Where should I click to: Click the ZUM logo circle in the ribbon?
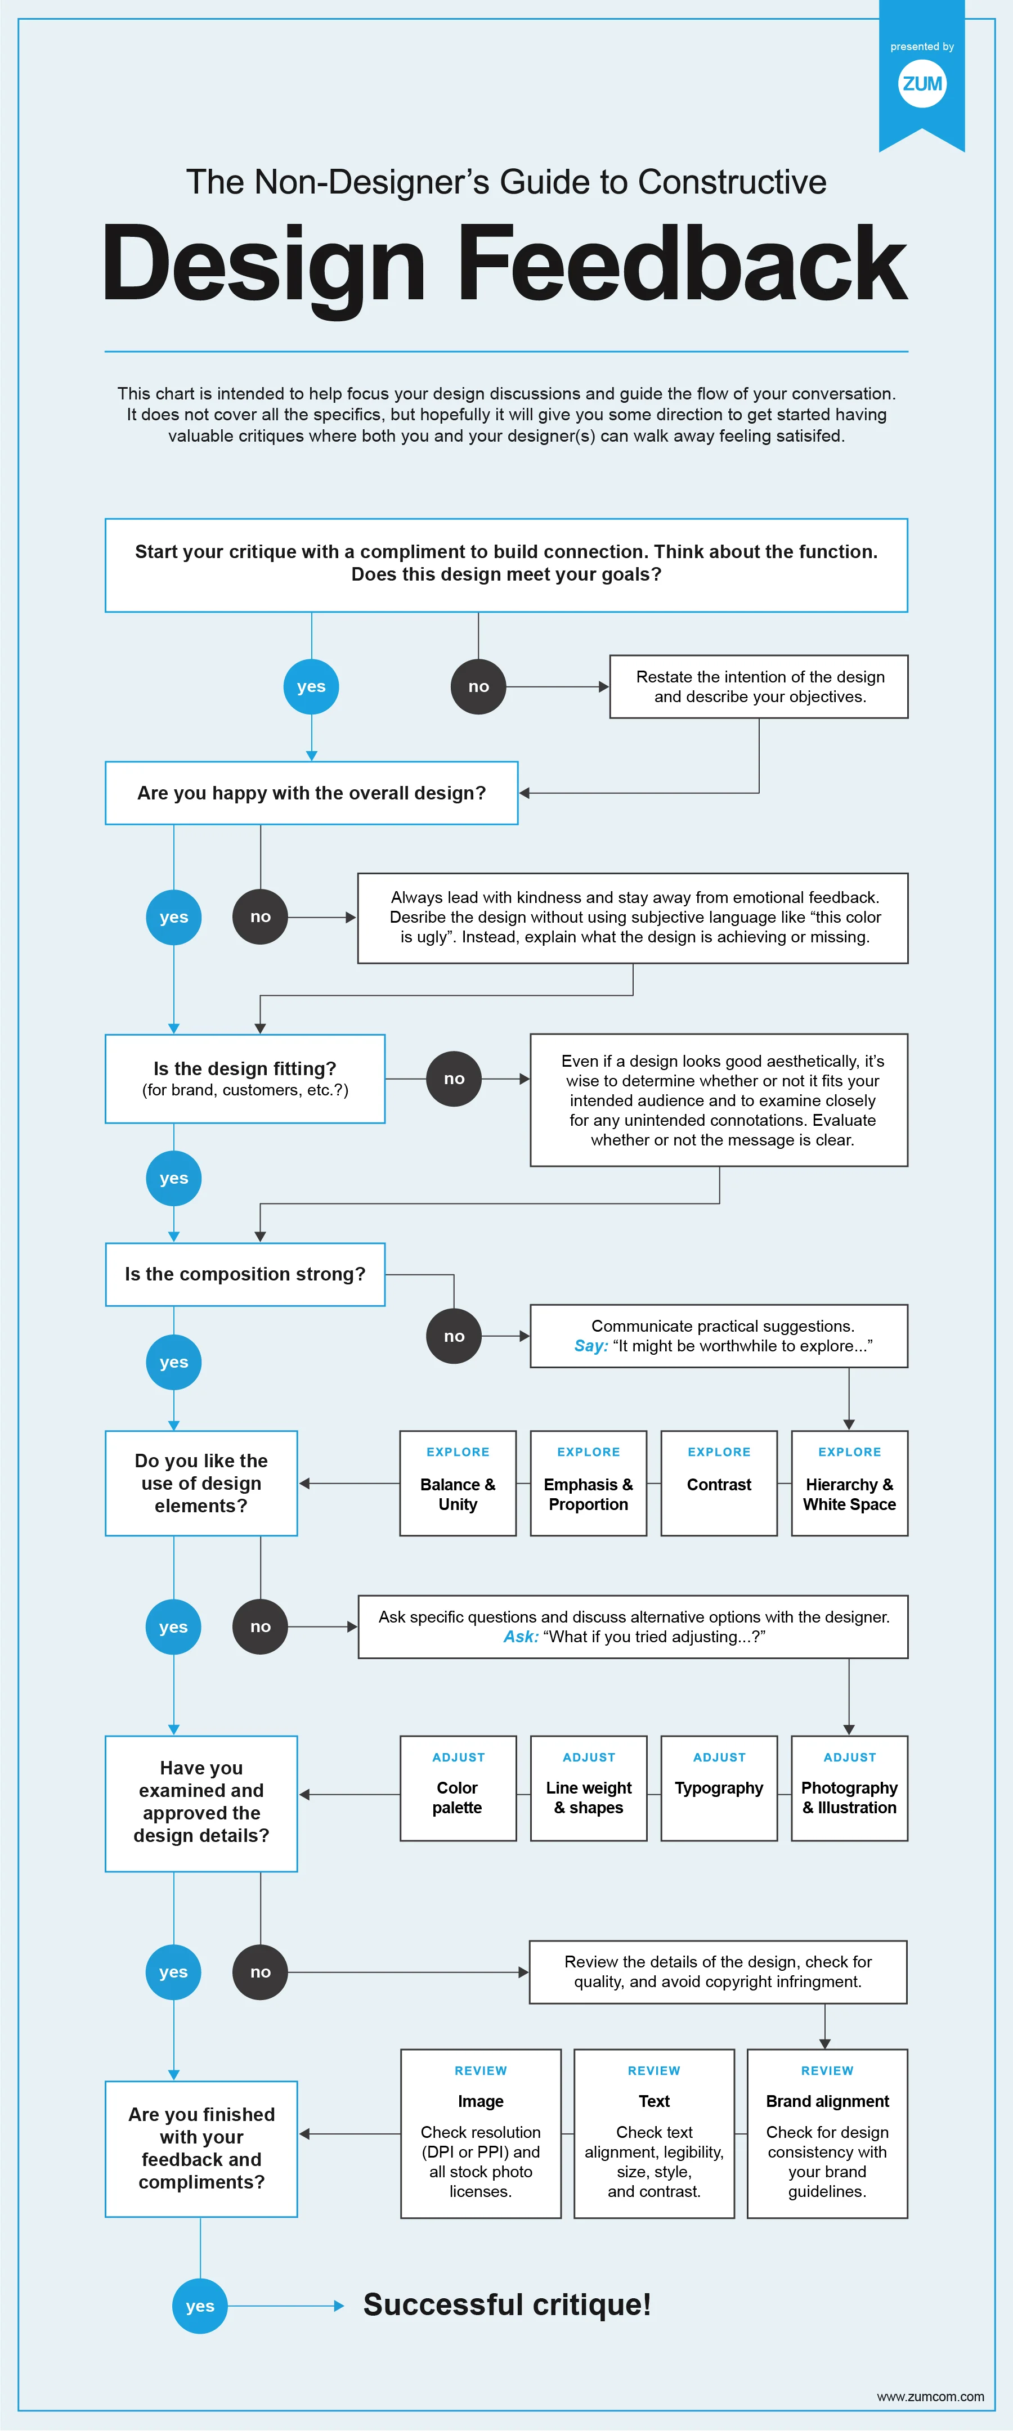[921, 84]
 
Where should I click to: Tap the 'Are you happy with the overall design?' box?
[312, 793]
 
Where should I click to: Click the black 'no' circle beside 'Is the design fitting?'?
[454, 1079]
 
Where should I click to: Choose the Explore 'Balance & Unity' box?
[458, 1482]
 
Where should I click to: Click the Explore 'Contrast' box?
[719, 1482]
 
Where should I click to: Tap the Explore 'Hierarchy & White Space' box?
[850, 1482]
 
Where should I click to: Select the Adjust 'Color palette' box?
[458, 1789]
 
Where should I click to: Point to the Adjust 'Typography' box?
[719, 1789]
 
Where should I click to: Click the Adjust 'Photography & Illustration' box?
[850, 1789]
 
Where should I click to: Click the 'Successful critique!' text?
[507, 2304]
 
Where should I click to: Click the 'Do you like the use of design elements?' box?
[201, 1482]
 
